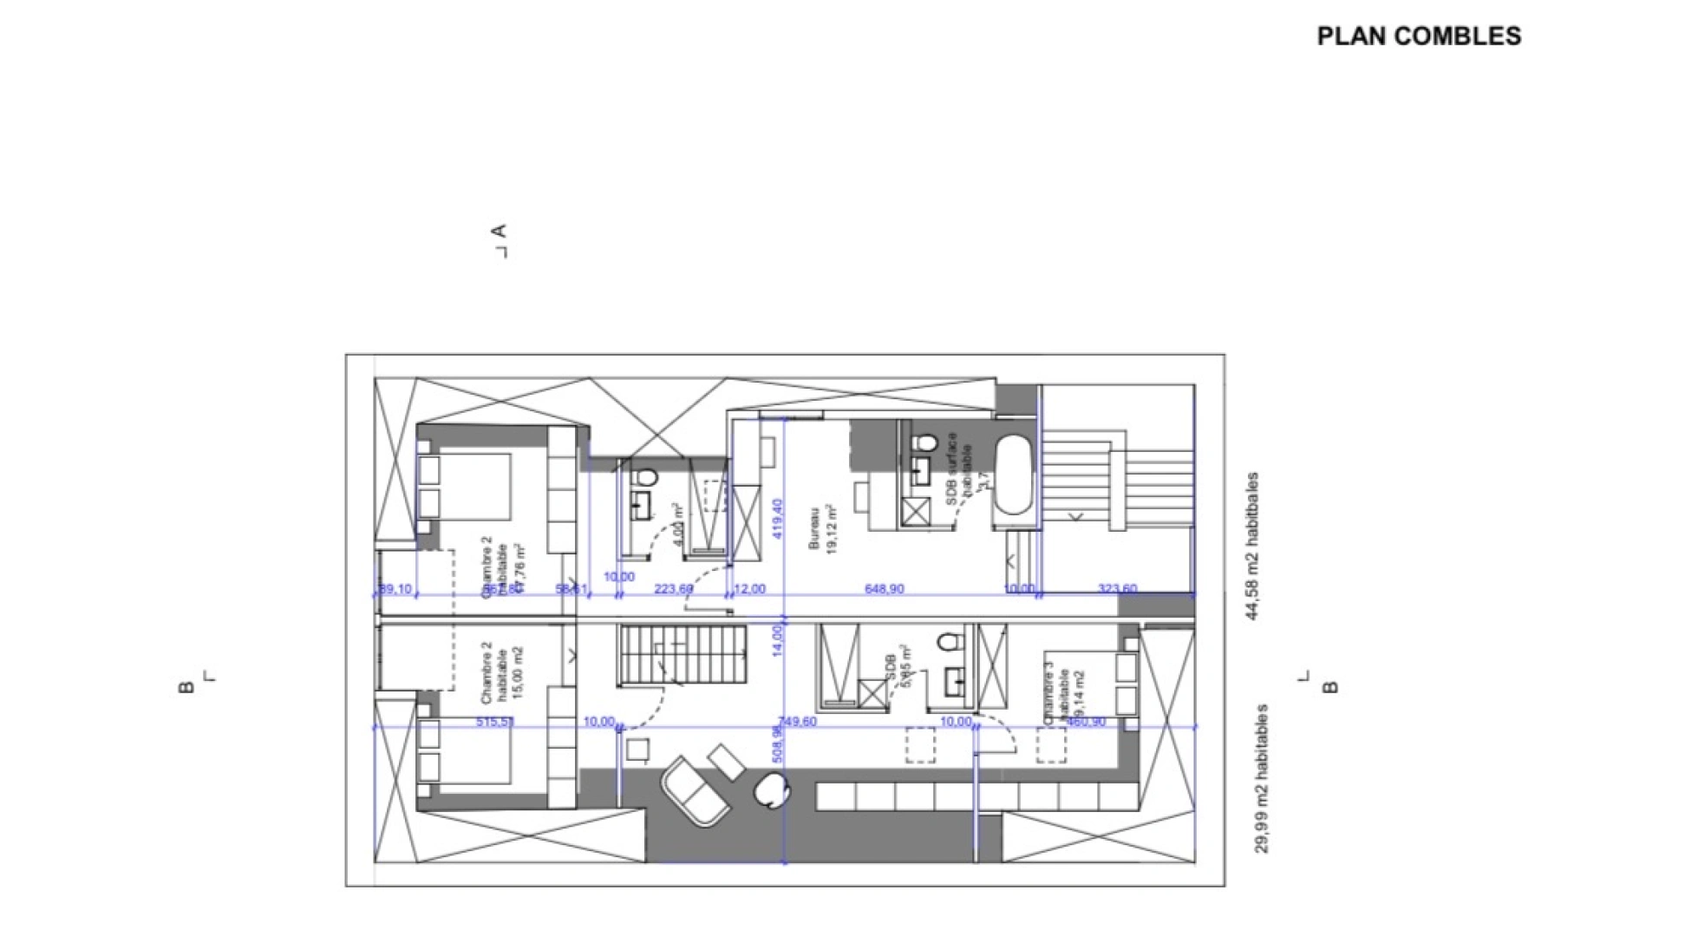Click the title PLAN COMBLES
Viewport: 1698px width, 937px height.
(x=1419, y=36)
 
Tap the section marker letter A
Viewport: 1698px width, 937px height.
(x=499, y=232)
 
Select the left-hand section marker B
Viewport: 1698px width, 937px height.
(x=186, y=687)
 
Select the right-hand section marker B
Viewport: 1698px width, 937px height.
(x=1330, y=687)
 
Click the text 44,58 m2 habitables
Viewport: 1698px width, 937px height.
(x=1251, y=546)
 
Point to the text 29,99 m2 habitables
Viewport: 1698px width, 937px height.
(x=1262, y=778)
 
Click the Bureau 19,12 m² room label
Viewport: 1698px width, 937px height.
(x=823, y=529)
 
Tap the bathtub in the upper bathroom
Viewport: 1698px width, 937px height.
(x=1012, y=475)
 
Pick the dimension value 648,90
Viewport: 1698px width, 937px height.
(x=884, y=589)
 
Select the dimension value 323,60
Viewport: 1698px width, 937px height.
(x=1117, y=589)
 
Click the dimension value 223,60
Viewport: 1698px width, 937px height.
(x=673, y=589)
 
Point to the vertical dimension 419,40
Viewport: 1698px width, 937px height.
(x=778, y=518)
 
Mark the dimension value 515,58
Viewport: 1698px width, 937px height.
(x=495, y=722)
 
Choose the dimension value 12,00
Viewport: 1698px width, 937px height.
(x=749, y=589)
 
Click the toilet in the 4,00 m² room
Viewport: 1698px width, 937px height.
(x=644, y=478)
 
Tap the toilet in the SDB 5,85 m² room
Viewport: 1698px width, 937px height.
(x=950, y=643)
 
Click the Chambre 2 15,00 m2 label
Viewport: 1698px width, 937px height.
(x=502, y=672)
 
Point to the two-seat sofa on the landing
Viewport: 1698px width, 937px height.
(x=694, y=790)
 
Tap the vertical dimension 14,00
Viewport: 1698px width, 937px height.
(x=778, y=641)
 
